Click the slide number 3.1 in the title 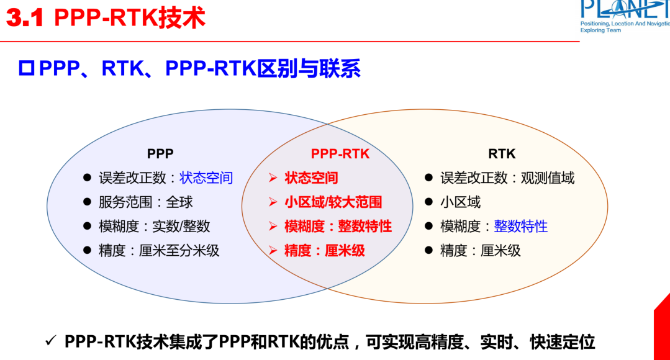pyautogui.click(x=25, y=19)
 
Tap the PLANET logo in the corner pyautogui.click(x=624, y=16)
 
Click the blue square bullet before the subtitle pyautogui.click(x=26, y=69)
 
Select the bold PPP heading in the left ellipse pyautogui.click(x=160, y=153)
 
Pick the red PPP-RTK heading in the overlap pyautogui.click(x=340, y=153)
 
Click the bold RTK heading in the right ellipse pyautogui.click(x=502, y=153)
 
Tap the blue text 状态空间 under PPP pyautogui.click(x=206, y=178)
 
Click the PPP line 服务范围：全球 pyautogui.click(x=146, y=202)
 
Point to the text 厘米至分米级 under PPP pyautogui.click(x=179, y=251)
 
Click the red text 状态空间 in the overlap pyautogui.click(x=311, y=178)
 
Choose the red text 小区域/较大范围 pyautogui.click(x=333, y=202)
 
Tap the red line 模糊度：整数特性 pyautogui.click(x=338, y=227)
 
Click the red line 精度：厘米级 pyautogui.click(x=324, y=251)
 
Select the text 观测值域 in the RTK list pyautogui.click(x=548, y=178)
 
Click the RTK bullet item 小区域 pyautogui.click(x=460, y=202)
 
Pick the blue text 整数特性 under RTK pyautogui.click(x=520, y=227)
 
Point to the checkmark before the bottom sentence pyautogui.click(x=51, y=341)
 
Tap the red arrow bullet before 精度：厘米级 pyautogui.click(x=273, y=251)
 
